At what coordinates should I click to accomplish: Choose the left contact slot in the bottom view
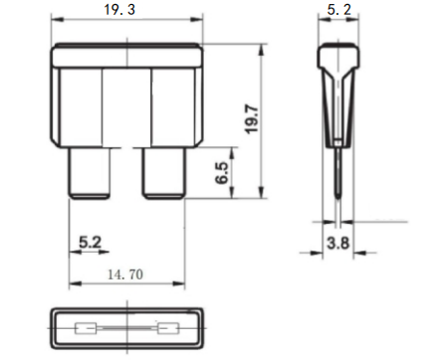(88, 327)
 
